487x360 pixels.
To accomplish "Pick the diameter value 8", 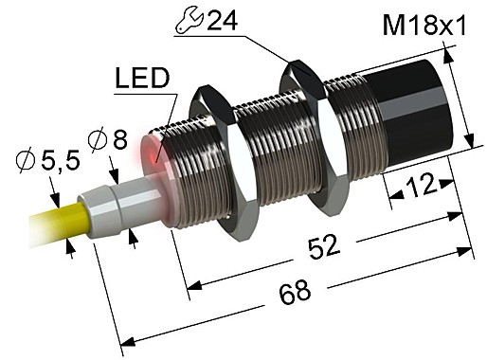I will click(x=117, y=142).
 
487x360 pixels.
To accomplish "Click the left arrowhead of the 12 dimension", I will click(x=392, y=195).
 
